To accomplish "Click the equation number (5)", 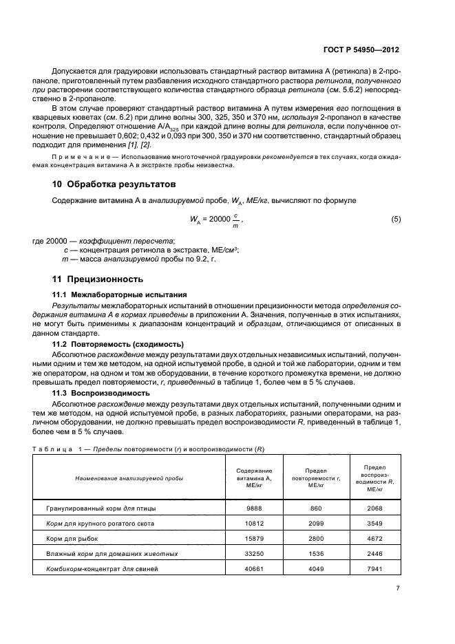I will click(396, 219).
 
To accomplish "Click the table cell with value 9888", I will click(254, 508).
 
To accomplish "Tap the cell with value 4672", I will click(374, 539).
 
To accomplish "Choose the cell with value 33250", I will click(254, 554).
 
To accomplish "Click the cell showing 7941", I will click(374, 569).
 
